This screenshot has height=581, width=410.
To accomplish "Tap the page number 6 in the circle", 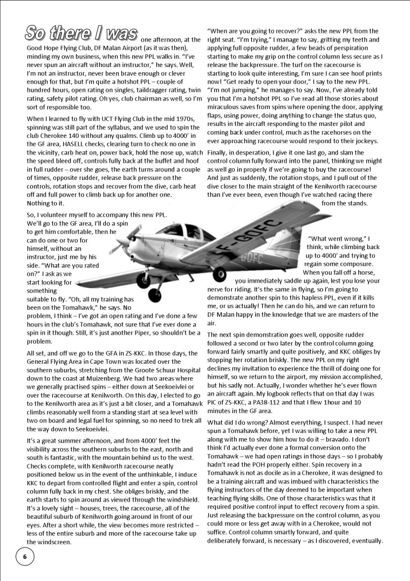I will tap(24, 556).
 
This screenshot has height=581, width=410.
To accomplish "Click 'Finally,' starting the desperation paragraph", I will tap(221, 152).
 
